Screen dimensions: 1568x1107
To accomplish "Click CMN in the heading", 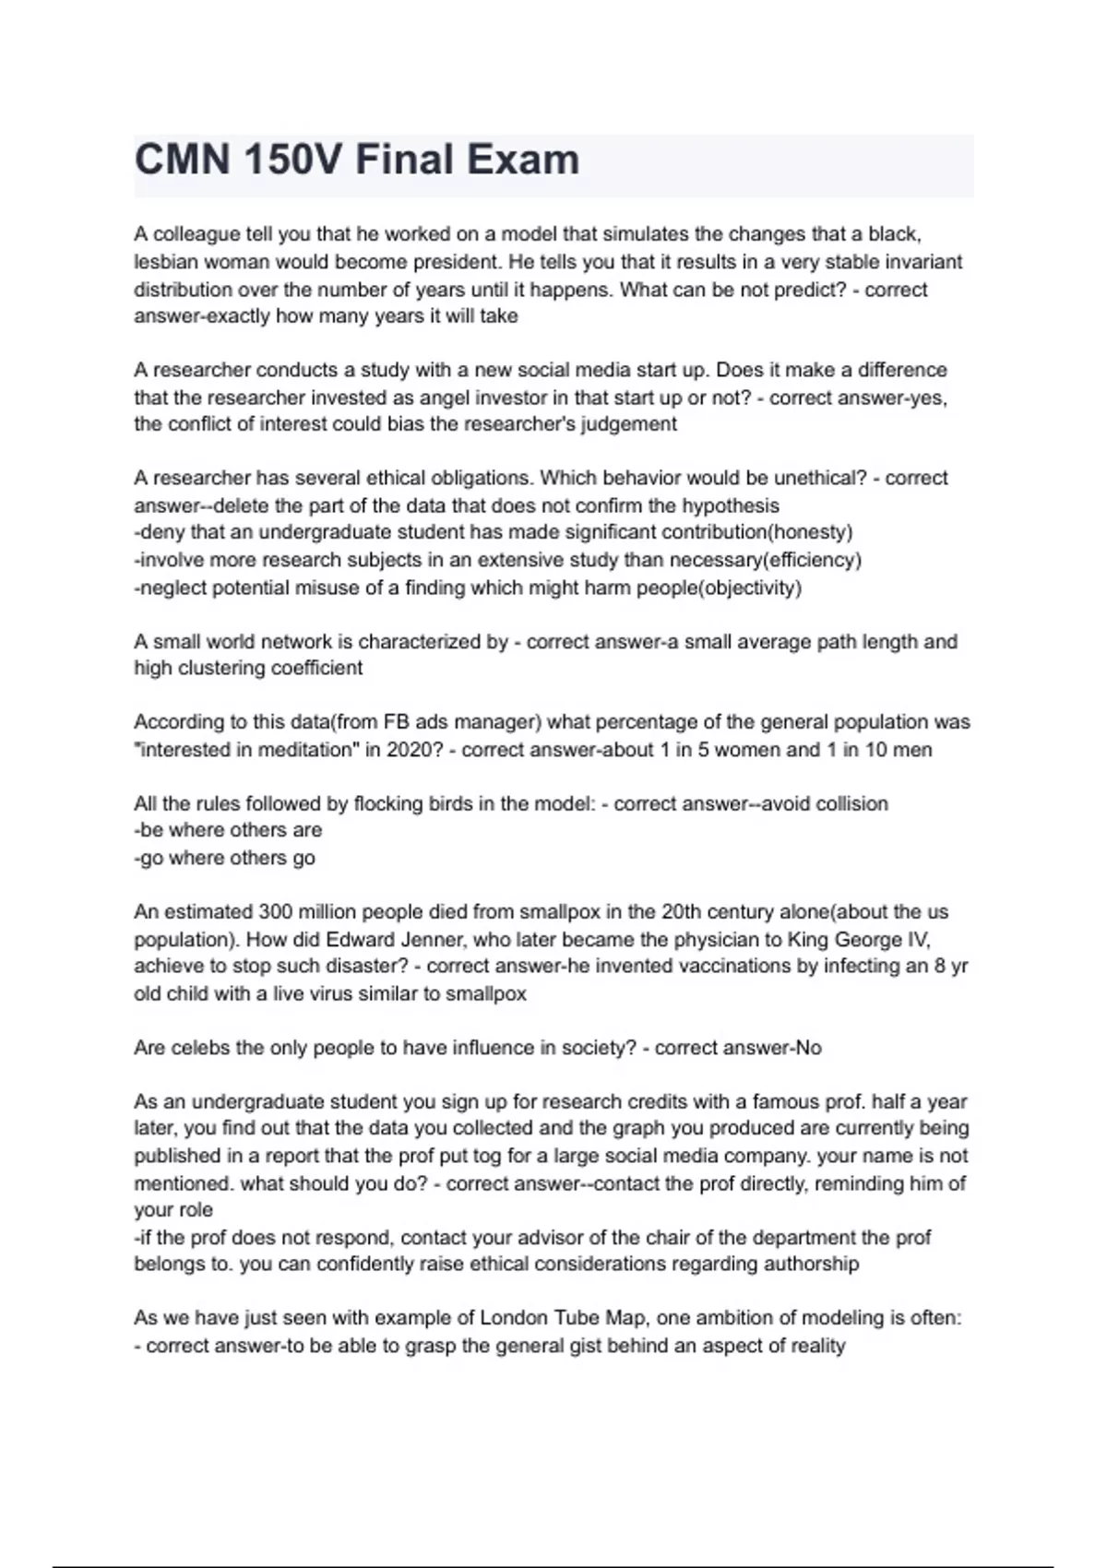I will (x=182, y=160).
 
